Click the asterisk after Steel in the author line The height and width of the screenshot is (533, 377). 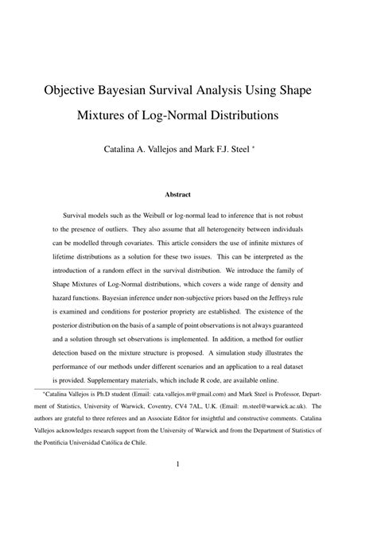pos(276,146)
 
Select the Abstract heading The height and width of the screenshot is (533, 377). pos(188,194)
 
